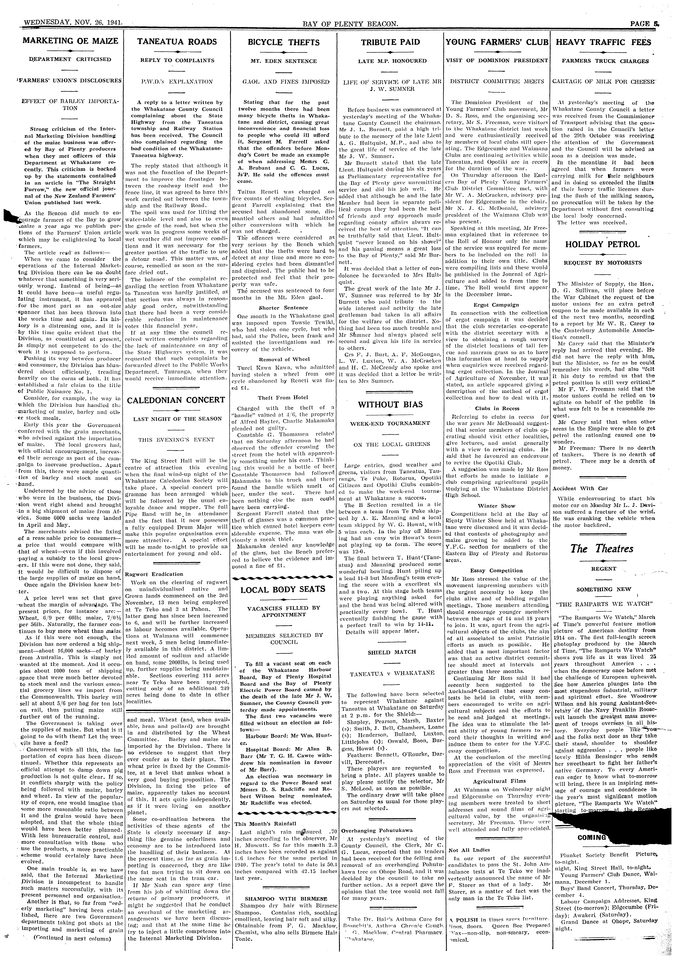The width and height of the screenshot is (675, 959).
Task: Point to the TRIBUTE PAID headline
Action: (x=390, y=42)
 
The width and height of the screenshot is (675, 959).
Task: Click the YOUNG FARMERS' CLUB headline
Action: (x=497, y=42)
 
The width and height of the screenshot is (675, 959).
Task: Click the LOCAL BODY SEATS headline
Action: (x=283, y=589)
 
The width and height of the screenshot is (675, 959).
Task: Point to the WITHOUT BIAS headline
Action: (x=390, y=404)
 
